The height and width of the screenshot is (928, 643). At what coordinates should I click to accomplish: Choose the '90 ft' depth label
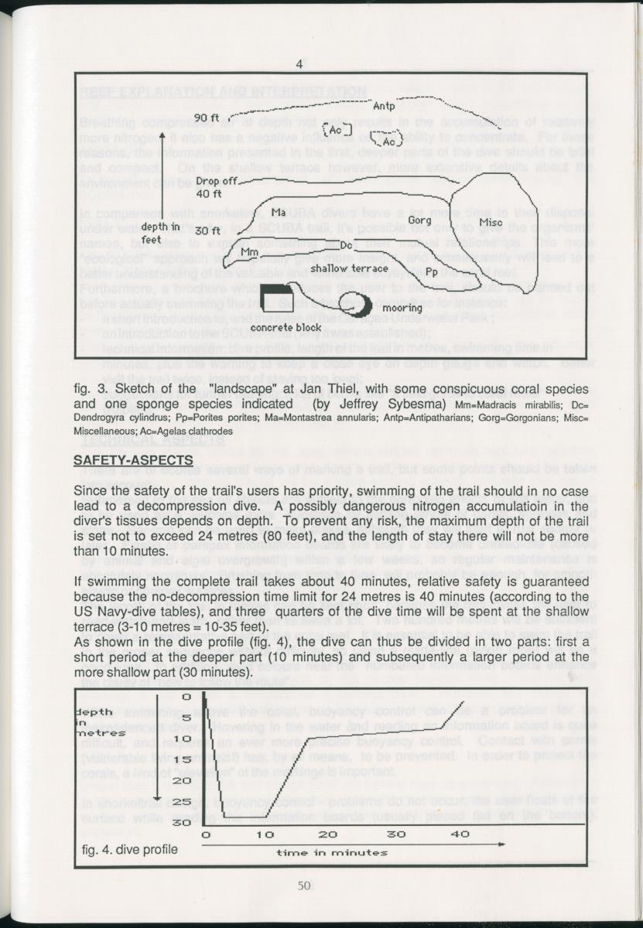coord(207,117)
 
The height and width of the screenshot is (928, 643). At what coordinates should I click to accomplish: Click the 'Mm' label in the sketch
coord(248,251)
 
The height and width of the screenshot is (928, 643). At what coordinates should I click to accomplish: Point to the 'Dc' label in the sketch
coord(347,245)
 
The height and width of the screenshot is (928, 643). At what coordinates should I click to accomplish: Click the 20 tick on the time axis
coord(328,834)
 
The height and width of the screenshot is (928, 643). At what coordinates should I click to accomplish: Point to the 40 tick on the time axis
coord(460,834)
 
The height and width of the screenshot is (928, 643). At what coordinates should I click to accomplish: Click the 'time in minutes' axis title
coord(332,852)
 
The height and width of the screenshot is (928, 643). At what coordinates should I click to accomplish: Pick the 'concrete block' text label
coord(286,327)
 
